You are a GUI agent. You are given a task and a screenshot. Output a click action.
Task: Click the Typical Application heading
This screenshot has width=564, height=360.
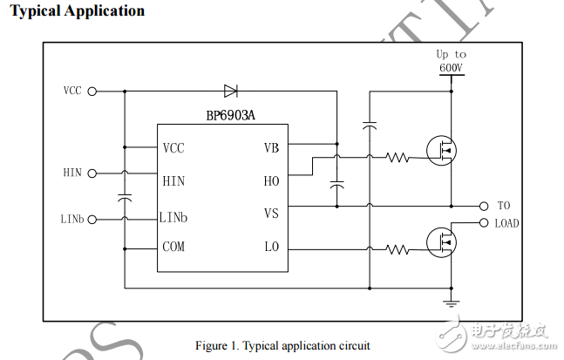pyautogui.click(x=77, y=11)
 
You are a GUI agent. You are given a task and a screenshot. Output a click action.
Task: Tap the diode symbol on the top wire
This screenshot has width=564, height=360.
pyautogui.click(x=231, y=90)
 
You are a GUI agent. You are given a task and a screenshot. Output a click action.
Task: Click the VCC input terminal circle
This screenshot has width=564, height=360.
pyautogui.click(x=92, y=90)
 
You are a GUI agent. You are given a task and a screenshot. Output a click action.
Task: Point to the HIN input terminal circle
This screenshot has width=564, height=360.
pyautogui.click(x=92, y=173)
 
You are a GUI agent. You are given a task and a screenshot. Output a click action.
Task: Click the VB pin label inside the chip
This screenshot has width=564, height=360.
pyautogui.click(x=271, y=147)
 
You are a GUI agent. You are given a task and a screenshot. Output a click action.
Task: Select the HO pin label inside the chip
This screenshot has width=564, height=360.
pyautogui.click(x=271, y=181)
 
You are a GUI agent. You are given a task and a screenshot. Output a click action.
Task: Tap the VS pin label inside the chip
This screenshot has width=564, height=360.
pyautogui.click(x=271, y=214)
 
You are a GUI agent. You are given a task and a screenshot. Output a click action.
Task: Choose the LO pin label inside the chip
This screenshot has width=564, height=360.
pyautogui.click(x=271, y=248)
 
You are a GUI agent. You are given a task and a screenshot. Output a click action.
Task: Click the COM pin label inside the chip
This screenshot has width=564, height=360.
pyautogui.click(x=173, y=248)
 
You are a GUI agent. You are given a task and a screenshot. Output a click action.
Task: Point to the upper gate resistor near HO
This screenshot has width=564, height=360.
pyautogui.click(x=398, y=158)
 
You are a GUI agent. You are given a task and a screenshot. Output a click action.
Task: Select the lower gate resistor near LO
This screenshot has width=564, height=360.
pyautogui.click(x=398, y=248)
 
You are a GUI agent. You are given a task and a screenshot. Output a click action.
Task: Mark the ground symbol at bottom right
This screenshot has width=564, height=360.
pyautogui.click(x=451, y=302)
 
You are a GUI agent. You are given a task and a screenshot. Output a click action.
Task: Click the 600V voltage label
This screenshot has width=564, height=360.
pyautogui.click(x=451, y=66)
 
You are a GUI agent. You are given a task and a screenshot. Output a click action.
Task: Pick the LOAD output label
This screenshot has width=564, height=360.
pyautogui.click(x=506, y=223)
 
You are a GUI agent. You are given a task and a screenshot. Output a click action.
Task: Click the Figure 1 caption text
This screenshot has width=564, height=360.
pyautogui.click(x=282, y=345)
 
